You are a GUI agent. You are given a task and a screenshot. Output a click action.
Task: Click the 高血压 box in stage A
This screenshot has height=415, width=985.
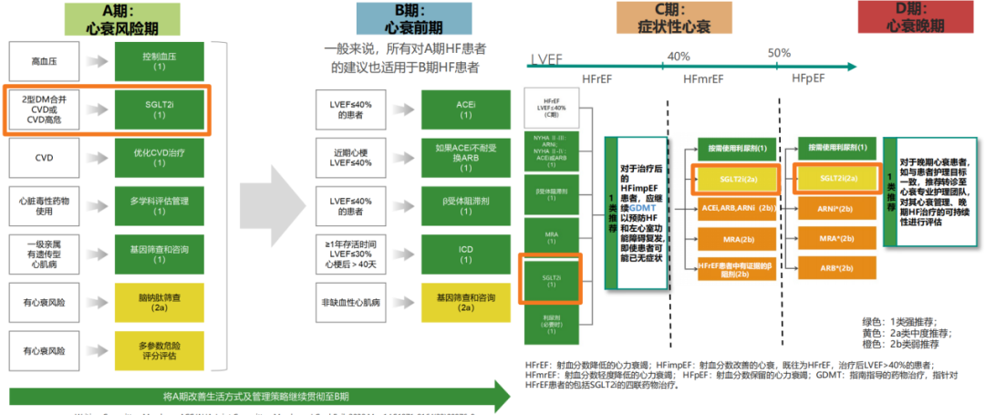44,61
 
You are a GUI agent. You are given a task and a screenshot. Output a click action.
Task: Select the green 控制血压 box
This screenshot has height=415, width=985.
160,61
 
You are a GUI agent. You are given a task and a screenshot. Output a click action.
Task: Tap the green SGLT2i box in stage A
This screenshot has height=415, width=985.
160,109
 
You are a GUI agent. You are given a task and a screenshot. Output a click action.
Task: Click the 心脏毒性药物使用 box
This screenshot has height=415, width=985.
44,204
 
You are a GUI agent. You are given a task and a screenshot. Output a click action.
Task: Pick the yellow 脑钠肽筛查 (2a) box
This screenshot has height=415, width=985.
160,300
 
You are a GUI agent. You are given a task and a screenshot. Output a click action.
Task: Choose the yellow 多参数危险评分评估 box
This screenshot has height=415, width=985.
160,350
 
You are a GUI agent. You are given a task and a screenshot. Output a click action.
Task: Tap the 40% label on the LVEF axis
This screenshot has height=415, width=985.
679,56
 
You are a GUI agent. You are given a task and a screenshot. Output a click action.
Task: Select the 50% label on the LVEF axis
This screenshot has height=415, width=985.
779,54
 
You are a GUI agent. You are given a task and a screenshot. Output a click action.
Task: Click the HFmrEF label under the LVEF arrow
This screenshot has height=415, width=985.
708,79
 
